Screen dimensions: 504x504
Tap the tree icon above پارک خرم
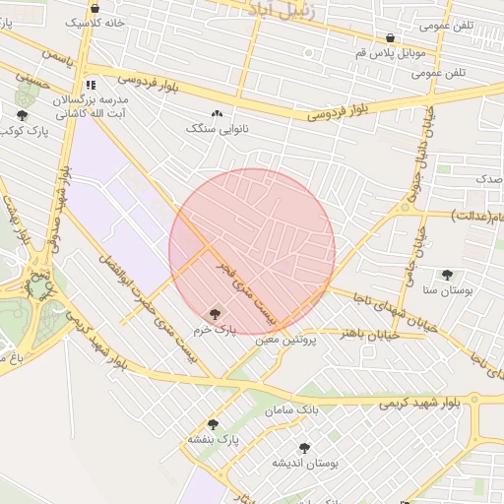215,313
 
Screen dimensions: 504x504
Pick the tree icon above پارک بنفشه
213,423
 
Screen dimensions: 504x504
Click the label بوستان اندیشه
304,462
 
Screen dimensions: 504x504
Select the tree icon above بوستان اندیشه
304,448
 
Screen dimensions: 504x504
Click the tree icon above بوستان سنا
447,275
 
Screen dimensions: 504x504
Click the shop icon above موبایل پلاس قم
391,38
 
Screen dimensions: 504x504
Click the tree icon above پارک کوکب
23,115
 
